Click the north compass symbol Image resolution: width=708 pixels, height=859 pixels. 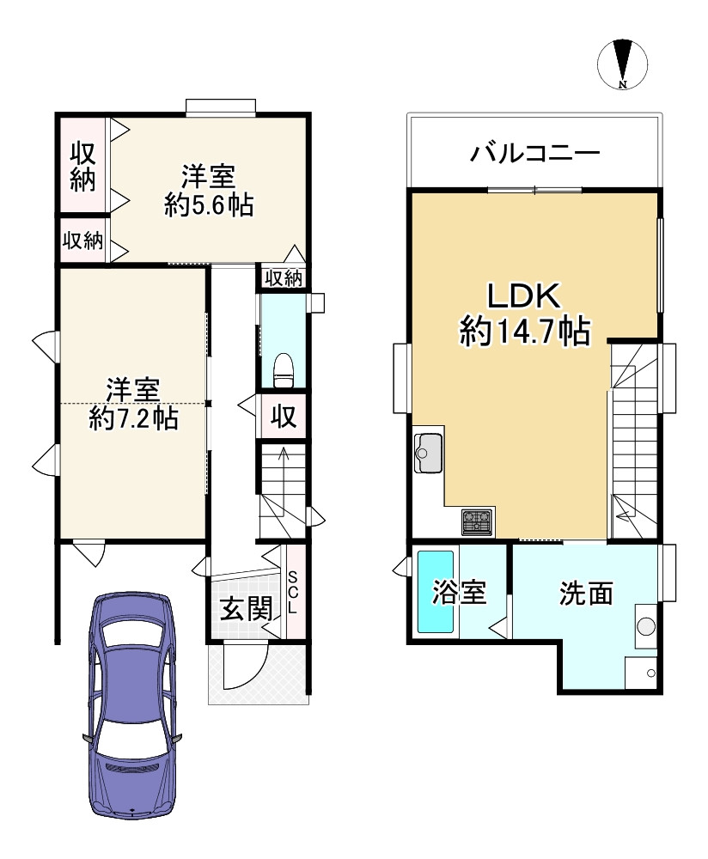pyautogui.click(x=623, y=64)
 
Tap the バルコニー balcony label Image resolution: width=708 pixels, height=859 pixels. pyautogui.click(x=534, y=155)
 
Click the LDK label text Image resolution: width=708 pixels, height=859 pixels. pyautogui.click(x=524, y=296)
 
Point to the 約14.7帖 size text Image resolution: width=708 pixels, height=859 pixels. pyautogui.click(x=524, y=331)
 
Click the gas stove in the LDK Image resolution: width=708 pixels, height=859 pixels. pyautogui.click(x=477, y=520)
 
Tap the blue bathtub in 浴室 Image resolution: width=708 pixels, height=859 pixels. pyautogui.click(x=435, y=593)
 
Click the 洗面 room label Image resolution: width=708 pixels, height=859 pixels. pyautogui.click(x=587, y=594)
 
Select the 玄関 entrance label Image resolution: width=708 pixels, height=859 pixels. pyautogui.click(x=247, y=610)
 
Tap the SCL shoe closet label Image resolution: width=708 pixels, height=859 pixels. pyautogui.click(x=293, y=593)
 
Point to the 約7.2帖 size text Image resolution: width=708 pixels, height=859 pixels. pyautogui.click(x=133, y=418)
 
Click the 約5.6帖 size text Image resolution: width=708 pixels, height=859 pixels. pyautogui.click(x=208, y=204)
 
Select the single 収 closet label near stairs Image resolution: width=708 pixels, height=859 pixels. pyautogui.click(x=284, y=417)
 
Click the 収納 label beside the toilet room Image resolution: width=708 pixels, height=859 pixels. pyautogui.click(x=284, y=277)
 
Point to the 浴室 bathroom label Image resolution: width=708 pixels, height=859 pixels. pyautogui.click(x=460, y=593)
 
